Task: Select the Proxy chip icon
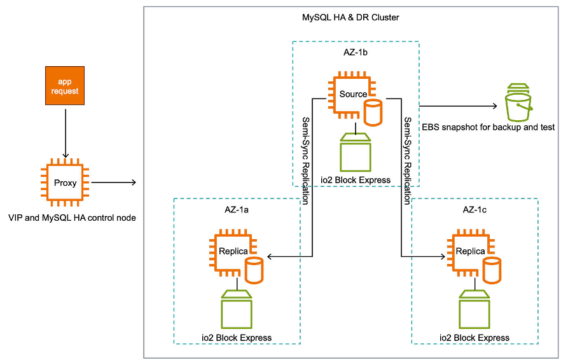click(64, 183)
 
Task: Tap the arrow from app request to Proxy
click(64, 132)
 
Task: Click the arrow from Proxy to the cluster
click(114, 183)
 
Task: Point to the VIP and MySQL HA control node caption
click(72, 218)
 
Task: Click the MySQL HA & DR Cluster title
click(350, 17)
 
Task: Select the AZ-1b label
click(356, 52)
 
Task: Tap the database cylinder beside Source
click(373, 112)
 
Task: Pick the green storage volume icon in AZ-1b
click(356, 152)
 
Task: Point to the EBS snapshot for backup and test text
click(488, 127)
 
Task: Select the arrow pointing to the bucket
click(458, 106)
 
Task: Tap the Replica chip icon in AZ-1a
click(230, 251)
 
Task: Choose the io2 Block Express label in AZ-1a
click(236, 338)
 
